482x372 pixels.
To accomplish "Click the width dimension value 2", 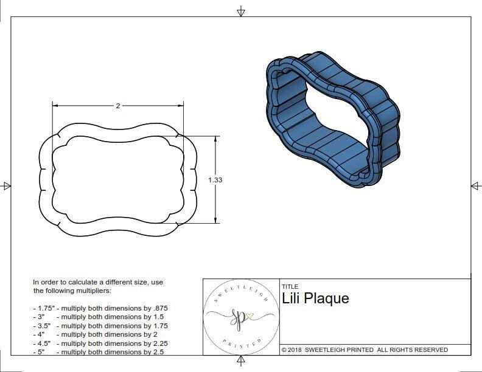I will (x=117, y=106).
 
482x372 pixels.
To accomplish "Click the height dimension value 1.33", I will (x=215, y=180).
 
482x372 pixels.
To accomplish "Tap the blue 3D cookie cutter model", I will (x=332, y=119).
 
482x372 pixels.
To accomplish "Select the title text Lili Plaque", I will (x=315, y=298).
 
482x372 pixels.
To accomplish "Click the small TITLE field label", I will (x=290, y=286).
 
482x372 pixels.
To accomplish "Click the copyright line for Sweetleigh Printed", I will (x=365, y=350).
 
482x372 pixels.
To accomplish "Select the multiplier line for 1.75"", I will (x=100, y=308).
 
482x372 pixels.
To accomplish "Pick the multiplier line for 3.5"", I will (x=100, y=326).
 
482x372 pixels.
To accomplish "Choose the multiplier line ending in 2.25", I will (x=100, y=343).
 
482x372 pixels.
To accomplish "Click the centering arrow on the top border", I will (x=241, y=11).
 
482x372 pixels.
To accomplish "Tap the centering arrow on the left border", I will (x=6, y=185).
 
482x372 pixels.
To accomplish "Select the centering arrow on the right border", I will (x=475, y=185).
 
